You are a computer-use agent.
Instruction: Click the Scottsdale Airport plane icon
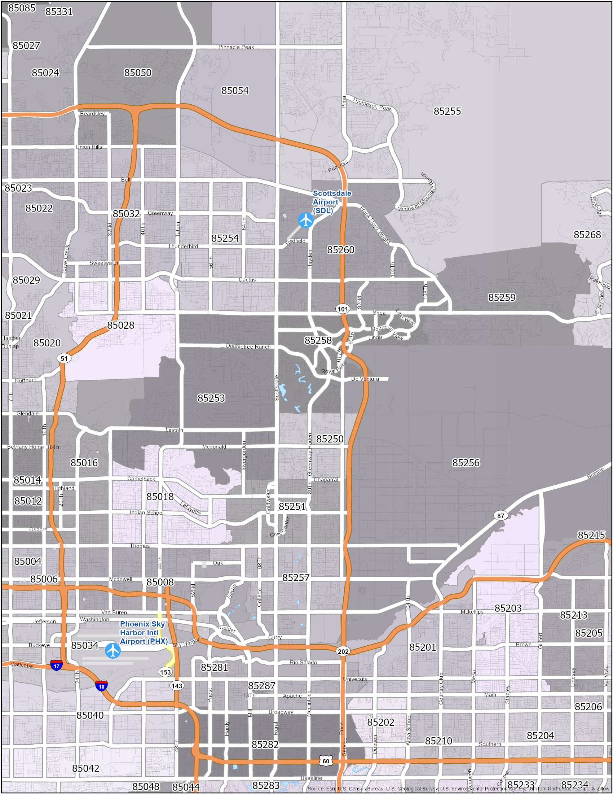306,220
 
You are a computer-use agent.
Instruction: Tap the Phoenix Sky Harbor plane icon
113,650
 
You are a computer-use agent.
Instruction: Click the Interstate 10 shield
101,687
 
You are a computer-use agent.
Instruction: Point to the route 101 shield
343,309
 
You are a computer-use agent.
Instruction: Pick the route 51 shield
64,358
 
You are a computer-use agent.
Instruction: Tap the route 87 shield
501,516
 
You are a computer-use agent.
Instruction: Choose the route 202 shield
343,651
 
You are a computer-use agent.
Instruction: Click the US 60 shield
326,761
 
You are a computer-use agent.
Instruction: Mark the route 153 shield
166,672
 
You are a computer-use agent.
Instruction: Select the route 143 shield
177,686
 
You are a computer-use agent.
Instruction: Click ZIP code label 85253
211,398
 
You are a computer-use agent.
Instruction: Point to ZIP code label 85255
447,111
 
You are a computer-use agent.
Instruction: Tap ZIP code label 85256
466,462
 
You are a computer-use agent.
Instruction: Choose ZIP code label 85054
235,91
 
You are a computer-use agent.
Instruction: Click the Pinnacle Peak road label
236,47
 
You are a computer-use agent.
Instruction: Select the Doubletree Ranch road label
248,346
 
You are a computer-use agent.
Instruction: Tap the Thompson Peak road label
372,104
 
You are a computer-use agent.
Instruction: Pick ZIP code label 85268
587,235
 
